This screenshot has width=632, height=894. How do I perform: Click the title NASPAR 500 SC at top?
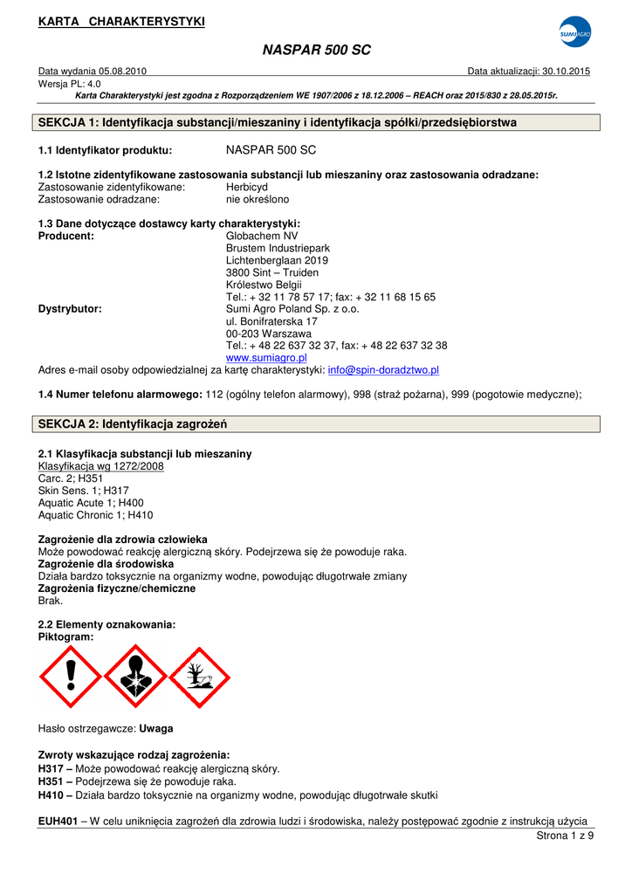click(316, 51)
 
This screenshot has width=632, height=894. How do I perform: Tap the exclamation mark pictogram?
click(71, 676)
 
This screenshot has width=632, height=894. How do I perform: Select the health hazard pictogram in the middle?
click(134, 676)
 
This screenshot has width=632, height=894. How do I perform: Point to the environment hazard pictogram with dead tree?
click(199, 676)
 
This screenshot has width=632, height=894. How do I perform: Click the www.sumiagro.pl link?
click(266, 358)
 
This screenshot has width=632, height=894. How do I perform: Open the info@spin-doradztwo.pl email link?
click(383, 370)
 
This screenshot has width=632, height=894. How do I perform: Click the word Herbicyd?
click(247, 187)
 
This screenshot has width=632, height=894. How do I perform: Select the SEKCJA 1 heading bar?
click(316, 123)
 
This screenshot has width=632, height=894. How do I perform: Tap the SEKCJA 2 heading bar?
click(316, 424)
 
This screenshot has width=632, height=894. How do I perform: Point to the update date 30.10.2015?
click(567, 72)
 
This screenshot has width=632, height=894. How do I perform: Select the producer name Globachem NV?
click(262, 236)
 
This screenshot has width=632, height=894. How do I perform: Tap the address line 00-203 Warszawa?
click(268, 334)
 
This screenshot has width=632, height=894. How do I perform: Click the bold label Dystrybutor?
click(71, 309)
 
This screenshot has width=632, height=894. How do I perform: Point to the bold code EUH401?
click(58, 822)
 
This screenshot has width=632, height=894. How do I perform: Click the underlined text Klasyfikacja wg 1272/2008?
click(101, 466)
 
